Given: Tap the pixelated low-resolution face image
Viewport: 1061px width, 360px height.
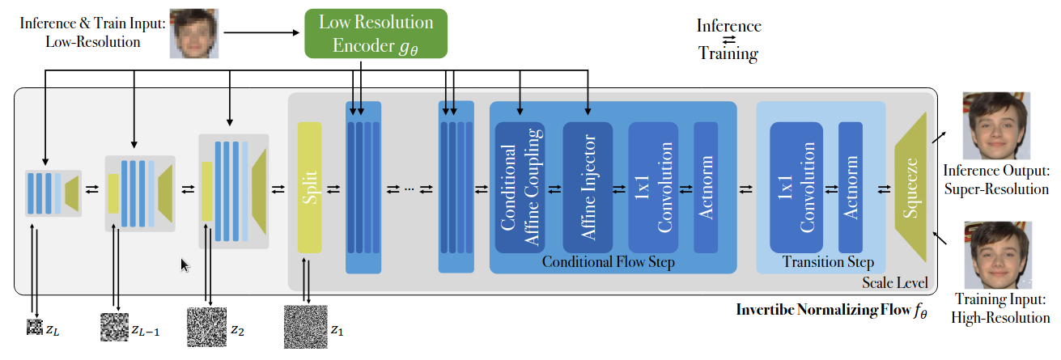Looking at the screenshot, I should [194, 34].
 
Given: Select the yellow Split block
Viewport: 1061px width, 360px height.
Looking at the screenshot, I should [309, 188].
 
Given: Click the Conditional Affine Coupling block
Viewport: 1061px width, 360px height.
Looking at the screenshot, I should [520, 187].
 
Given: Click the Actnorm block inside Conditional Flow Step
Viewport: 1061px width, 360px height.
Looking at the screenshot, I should [705, 187].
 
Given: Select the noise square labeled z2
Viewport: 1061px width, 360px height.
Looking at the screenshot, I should [206, 328].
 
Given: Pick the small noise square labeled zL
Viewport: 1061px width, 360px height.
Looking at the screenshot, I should [33, 328].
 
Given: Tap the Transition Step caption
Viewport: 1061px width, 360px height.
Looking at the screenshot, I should [828, 262].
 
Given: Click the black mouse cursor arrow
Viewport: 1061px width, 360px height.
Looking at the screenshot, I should [185, 265].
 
